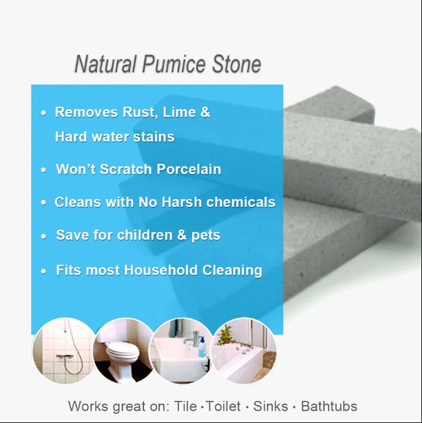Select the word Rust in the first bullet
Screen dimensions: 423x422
tap(139, 113)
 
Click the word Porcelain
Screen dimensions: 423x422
tap(189, 170)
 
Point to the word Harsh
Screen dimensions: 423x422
tap(187, 203)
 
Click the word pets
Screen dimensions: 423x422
tap(205, 236)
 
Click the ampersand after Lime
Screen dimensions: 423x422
tap(205, 113)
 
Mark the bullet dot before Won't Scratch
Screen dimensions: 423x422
tap(44, 170)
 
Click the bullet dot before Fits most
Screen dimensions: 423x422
tap(44, 271)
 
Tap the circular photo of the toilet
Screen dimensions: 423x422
tap(123, 351)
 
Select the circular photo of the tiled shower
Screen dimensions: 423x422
tap(64, 350)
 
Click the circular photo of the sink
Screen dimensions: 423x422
tap(181, 351)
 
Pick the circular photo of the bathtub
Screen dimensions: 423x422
tap(243, 351)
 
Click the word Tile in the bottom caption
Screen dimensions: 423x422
tap(188, 406)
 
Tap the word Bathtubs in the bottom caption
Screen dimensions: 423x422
tap(329, 406)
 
